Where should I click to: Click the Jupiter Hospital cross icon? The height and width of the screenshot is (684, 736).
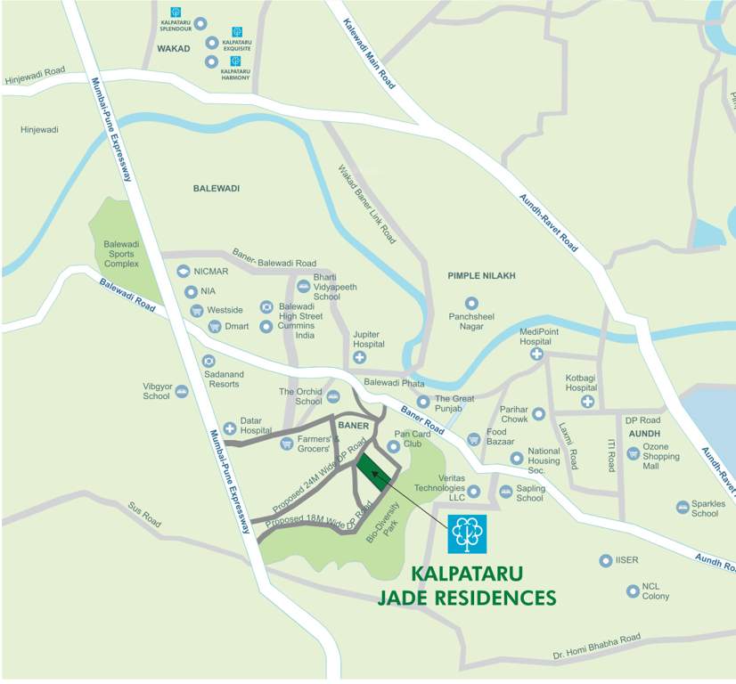(359, 357)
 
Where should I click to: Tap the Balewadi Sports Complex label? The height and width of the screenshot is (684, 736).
(121, 254)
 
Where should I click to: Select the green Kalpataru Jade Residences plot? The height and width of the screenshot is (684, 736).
(375, 472)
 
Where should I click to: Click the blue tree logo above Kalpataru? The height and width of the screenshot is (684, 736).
(467, 533)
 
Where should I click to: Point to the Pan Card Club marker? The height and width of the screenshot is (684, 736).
(393, 446)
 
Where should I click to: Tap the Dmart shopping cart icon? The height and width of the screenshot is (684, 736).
(214, 327)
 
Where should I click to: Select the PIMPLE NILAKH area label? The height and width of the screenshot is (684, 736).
(481, 276)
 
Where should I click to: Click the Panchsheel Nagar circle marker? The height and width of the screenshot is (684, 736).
(471, 303)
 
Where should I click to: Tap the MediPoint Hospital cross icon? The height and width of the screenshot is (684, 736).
(537, 354)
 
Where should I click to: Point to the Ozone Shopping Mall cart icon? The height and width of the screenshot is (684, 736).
(633, 453)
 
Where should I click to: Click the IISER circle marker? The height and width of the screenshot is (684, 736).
(605, 560)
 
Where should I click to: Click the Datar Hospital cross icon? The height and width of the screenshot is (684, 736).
(229, 428)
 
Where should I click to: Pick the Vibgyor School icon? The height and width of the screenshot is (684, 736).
(182, 391)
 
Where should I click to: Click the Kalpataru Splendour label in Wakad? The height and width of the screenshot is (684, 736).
(176, 24)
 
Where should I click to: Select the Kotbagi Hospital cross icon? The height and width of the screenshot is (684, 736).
(587, 402)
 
